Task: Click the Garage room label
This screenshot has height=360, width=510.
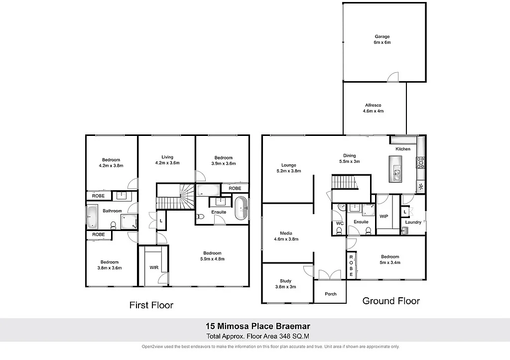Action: click(382, 36)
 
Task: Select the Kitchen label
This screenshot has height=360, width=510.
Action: click(403, 149)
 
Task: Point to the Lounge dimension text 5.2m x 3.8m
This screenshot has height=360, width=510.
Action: click(289, 171)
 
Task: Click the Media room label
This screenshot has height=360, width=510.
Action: click(286, 233)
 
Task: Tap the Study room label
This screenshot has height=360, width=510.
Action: click(286, 281)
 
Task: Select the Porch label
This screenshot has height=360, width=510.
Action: click(331, 294)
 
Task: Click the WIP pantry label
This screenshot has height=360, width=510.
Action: click(384, 216)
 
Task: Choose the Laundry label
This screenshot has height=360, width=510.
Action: click(414, 222)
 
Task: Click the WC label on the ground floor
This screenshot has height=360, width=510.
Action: click(340, 224)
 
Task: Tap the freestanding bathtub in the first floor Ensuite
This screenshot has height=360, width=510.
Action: click(241, 208)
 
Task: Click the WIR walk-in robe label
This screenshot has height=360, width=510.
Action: click(154, 267)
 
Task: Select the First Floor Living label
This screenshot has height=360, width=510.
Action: click(167, 157)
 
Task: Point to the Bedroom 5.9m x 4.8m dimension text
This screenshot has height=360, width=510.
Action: click(212, 259)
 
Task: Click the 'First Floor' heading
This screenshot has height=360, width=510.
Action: click(151, 305)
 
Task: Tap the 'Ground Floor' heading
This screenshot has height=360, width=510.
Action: click(390, 301)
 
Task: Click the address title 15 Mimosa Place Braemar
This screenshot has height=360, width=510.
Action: click(258, 327)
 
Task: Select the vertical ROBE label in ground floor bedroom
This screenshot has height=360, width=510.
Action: click(351, 265)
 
